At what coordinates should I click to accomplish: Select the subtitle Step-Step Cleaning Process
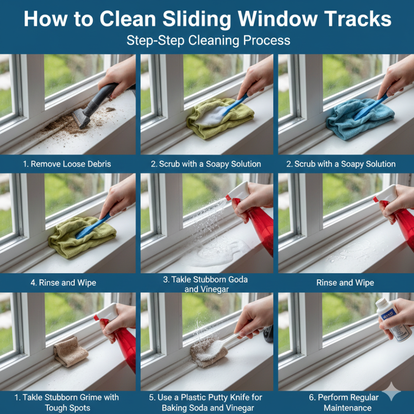[208, 41]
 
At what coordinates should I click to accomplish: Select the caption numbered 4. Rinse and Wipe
[63, 283]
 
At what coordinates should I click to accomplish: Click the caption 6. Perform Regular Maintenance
[344, 403]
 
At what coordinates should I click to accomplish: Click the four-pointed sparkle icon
[392, 392]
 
